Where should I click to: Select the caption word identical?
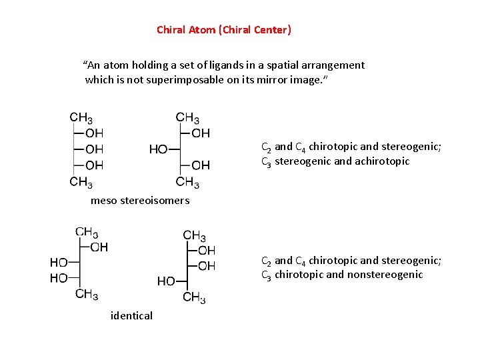(131, 315)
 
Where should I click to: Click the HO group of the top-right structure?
(158, 149)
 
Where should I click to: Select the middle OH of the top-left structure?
(94, 149)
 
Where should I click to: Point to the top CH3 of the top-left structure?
(81, 118)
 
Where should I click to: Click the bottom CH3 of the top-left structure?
(81, 181)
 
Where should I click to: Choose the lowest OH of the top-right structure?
(200, 165)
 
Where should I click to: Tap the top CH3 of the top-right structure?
(187, 118)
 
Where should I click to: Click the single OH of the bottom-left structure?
(99, 247)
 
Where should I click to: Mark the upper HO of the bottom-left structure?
(59, 263)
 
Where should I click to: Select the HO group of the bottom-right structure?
(166, 281)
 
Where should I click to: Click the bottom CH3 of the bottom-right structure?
(194, 297)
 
